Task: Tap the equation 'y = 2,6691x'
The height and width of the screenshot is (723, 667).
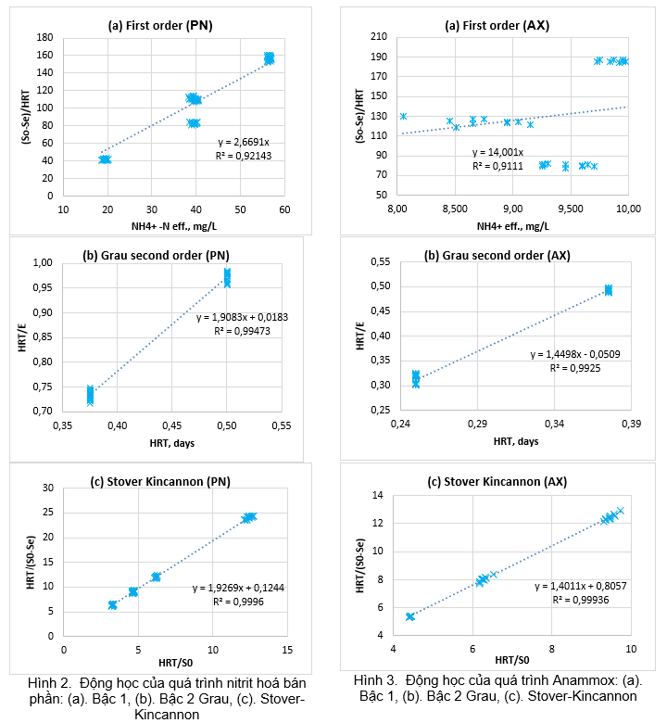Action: (x=243, y=141)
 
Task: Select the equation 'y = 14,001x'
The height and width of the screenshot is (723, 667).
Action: (x=497, y=152)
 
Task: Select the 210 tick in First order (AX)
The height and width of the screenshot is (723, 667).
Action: (x=377, y=37)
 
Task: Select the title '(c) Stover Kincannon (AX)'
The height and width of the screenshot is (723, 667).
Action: (x=497, y=482)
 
